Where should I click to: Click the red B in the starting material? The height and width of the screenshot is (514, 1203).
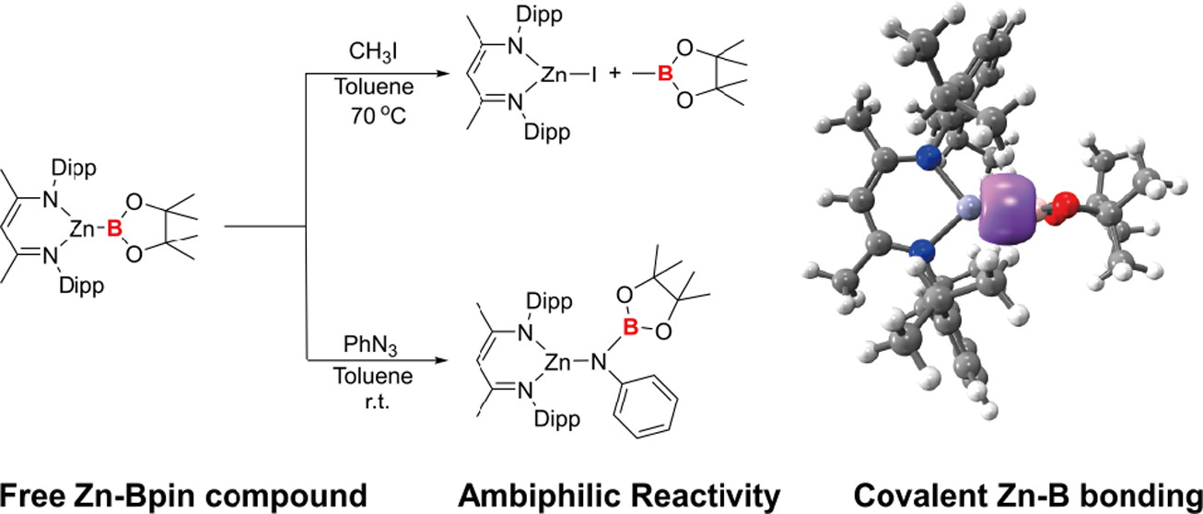(115, 234)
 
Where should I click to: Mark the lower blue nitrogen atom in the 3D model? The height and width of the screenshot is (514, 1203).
(921, 249)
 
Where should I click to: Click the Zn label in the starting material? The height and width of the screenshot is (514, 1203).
(85, 234)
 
